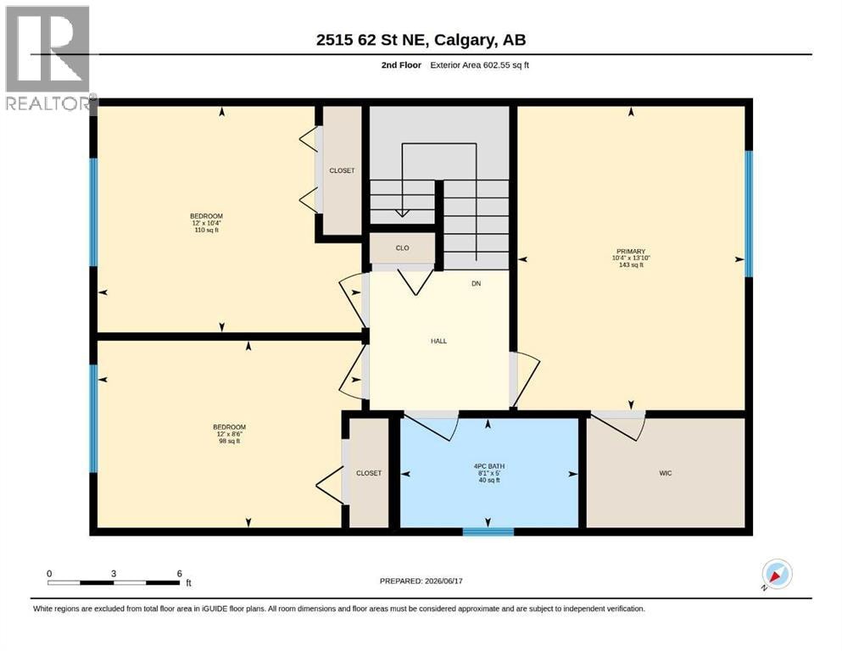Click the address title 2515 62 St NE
pos(372,40)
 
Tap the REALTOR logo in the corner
pos(49,58)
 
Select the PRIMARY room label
pos(631,251)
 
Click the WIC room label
pos(666,473)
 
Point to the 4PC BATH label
pos(489,466)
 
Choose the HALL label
pos(438,341)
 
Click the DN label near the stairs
pos(477,283)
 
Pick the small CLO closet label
pos(402,248)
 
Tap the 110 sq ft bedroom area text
pos(207,230)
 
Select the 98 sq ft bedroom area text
pos(229,441)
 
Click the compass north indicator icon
pos(777,575)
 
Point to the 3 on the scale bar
pos(114,574)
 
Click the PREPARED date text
pos(421,581)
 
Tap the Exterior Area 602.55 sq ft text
pos(480,65)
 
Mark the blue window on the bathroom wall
pos(488,531)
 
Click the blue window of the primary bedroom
pos(749,214)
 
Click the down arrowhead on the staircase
pos(402,213)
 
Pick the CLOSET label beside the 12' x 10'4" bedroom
pos(342,170)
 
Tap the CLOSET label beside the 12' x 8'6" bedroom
pos(369,473)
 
